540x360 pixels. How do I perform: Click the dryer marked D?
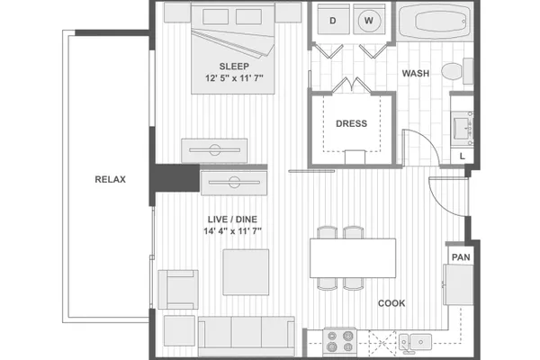[x=333, y=19]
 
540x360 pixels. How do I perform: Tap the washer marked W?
[x=369, y=19]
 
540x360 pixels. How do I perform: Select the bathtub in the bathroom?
[x=435, y=21]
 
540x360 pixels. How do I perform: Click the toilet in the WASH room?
[x=457, y=71]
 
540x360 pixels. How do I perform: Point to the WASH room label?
[x=416, y=74]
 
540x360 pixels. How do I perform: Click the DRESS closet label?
[x=351, y=123]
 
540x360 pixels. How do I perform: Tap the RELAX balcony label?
[x=110, y=179]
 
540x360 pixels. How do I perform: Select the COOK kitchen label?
[x=391, y=303]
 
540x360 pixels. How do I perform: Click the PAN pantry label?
[x=461, y=257]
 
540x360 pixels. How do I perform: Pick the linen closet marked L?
[x=463, y=156]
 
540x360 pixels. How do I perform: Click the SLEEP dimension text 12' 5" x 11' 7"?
[x=234, y=78]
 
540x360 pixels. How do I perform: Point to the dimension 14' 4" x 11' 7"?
[x=232, y=231]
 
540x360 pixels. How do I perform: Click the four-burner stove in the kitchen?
[x=340, y=341]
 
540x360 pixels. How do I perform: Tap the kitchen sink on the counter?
[x=415, y=342]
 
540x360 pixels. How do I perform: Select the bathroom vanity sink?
[x=463, y=128]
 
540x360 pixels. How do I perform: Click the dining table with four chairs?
[x=353, y=258]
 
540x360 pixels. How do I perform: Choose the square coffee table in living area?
[x=246, y=272]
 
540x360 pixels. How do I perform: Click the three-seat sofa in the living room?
[x=247, y=337]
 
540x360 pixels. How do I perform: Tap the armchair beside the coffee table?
[x=178, y=290]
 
